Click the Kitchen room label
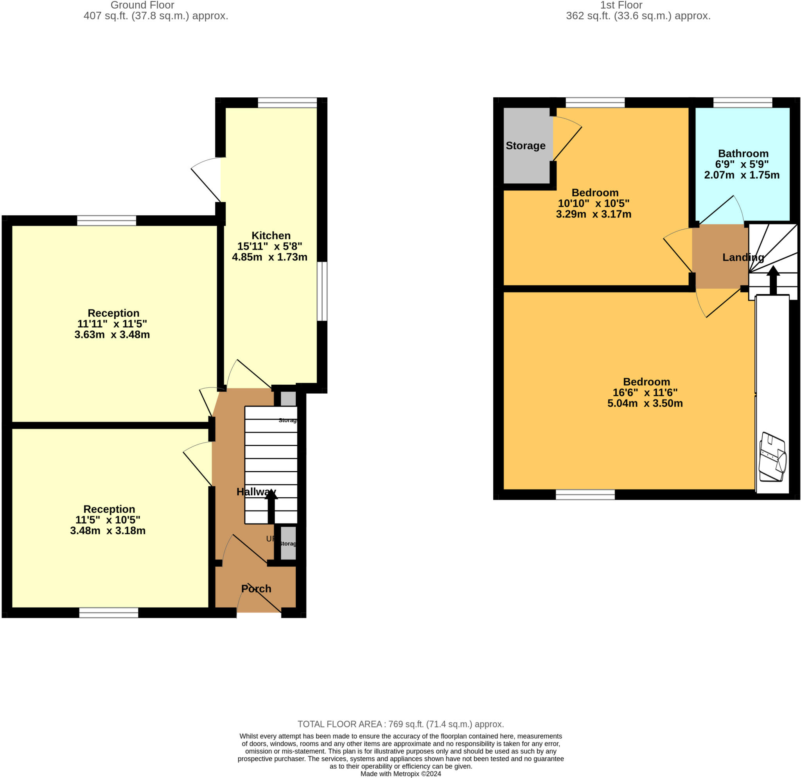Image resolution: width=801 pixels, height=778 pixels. pos(271,236)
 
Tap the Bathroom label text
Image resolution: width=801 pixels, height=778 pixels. pos(743,154)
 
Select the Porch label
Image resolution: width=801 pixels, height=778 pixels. pos(256,588)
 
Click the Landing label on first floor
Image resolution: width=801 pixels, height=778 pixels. pos(743,257)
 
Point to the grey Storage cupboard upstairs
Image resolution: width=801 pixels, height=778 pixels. pos(526,145)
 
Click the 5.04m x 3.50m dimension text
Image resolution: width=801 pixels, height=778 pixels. pos(645,403)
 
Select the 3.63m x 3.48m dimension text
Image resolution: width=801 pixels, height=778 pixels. pos(112,335)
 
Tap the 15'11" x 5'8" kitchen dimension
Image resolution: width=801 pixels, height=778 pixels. pos(270,246)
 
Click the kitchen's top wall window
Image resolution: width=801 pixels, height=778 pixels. pos(287,102)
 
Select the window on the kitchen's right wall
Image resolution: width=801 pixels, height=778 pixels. pos(322,291)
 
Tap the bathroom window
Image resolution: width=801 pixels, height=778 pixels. pos(743,102)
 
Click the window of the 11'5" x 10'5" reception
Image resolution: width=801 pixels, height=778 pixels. pos(109,613)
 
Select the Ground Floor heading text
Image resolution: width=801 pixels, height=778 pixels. pos(142,5)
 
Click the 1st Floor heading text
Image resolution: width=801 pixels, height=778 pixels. pos(621,5)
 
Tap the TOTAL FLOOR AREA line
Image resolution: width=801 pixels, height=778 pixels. pos(400,724)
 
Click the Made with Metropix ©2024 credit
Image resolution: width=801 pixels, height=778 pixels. pos(400,774)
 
